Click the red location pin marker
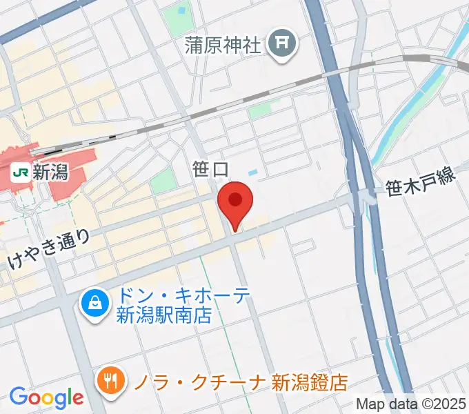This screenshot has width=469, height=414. click(235, 201)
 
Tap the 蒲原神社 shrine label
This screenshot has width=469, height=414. click(223, 46)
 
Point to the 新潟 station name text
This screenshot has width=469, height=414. click(51, 172)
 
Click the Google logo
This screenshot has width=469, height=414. click(46, 397)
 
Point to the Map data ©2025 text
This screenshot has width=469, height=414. click(411, 404)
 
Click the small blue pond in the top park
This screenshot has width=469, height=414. click(183, 11)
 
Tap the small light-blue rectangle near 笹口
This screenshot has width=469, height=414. click(252, 172)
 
